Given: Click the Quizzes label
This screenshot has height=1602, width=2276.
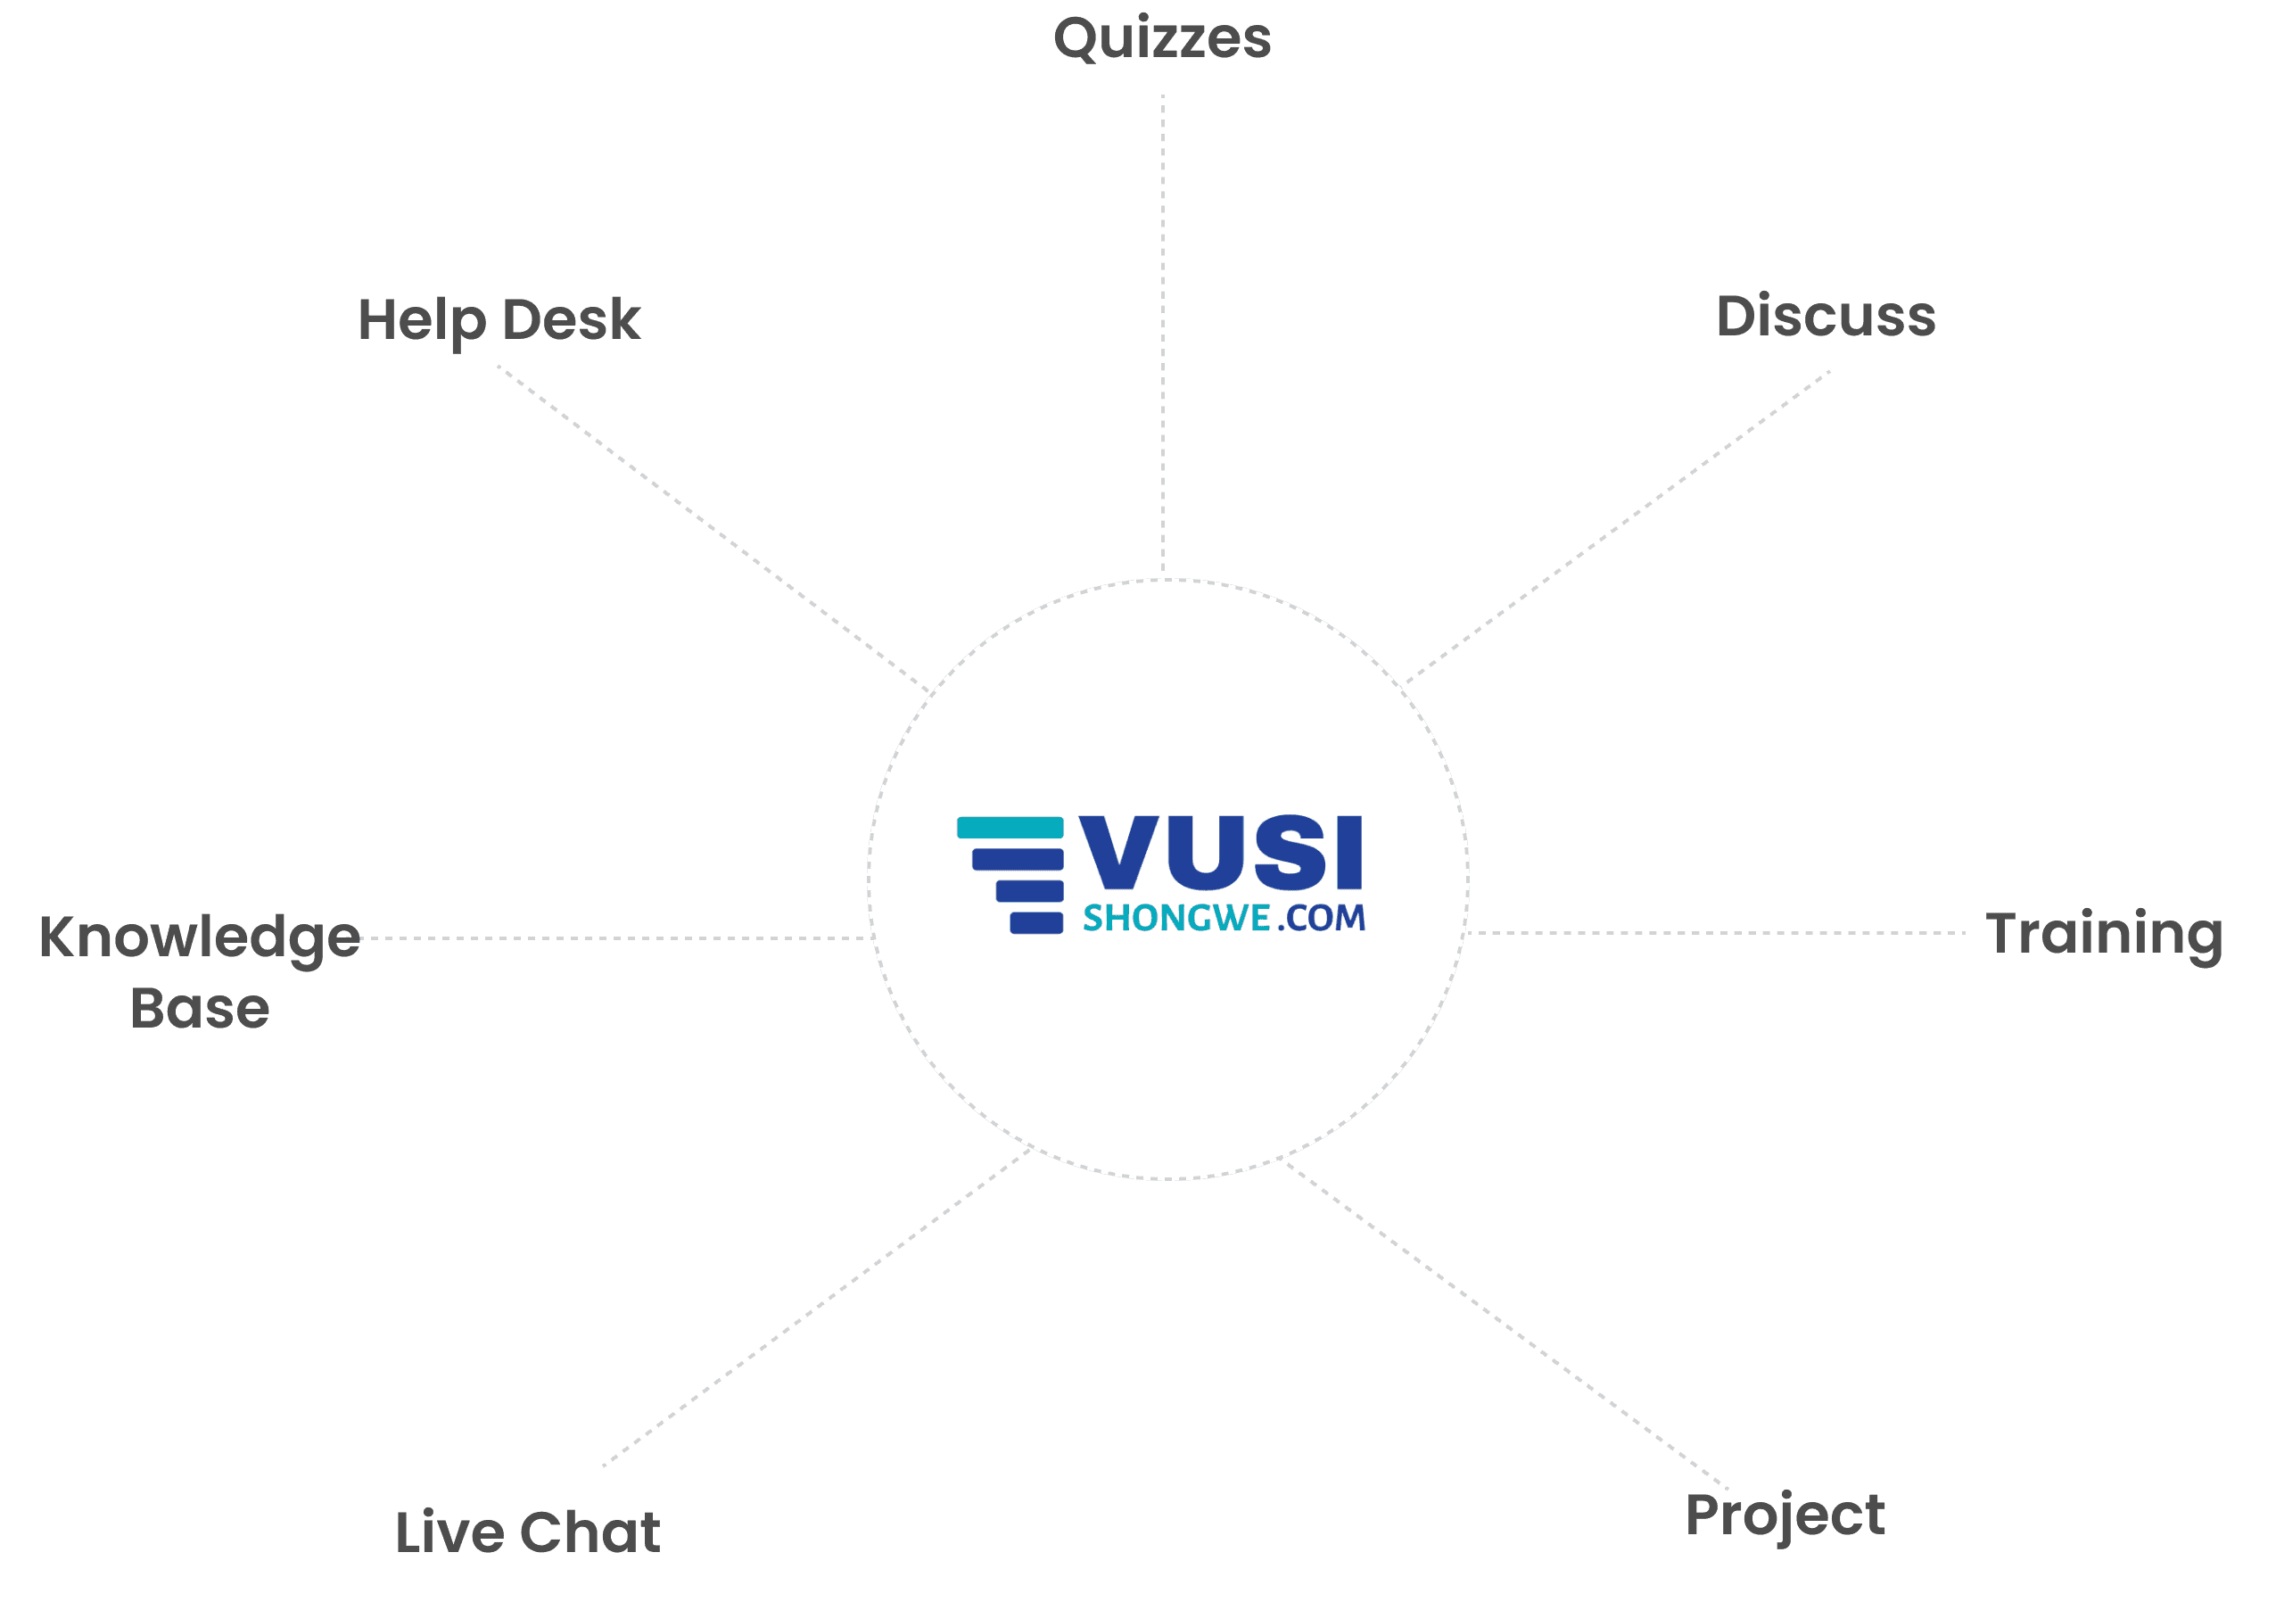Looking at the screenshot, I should click(x=1162, y=39).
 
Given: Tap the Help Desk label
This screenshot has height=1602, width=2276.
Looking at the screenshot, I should click(x=499, y=320).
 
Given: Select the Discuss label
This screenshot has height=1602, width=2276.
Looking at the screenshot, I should click(x=1825, y=318).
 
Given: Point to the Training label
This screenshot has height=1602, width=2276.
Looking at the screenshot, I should click(x=2104, y=934).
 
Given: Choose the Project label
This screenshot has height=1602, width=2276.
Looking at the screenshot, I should click(x=1785, y=1515).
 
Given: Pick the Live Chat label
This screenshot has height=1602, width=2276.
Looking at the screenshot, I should click(x=527, y=1532).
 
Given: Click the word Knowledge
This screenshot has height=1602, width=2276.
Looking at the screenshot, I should click(x=199, y=937).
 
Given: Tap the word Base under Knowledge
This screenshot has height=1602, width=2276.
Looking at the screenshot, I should click(x=199, y=1009).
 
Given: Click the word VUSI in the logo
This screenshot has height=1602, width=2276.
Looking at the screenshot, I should click(x=1221, y=853).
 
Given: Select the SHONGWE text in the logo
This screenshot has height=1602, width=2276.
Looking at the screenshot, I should click(x=1175, y=919).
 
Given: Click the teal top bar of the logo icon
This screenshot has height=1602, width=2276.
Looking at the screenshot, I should click(x=1010, y=828).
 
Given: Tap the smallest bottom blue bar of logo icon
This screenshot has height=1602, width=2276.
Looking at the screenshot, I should click(x=1036, y=923).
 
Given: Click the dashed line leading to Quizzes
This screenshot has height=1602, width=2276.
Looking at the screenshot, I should click(x=1163, y=337).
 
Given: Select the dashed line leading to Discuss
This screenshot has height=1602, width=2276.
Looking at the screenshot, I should click(x=1616, y=527).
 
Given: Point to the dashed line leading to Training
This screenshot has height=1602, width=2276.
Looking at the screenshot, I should click(x=1715, y=933).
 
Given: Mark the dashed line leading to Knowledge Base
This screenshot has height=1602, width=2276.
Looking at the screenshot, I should click(x=614, y=937).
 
